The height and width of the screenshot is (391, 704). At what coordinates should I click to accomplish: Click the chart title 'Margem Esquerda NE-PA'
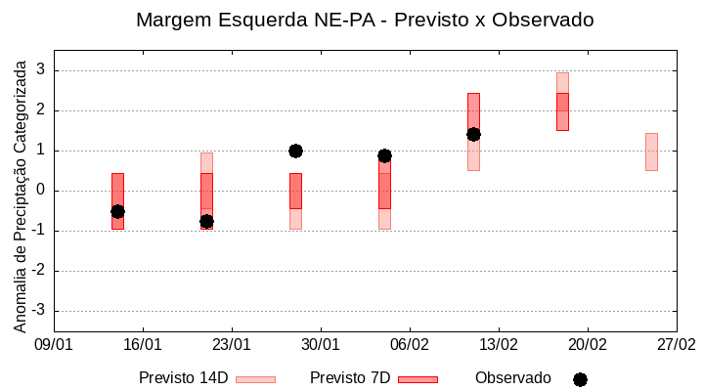click(x=364, y=20)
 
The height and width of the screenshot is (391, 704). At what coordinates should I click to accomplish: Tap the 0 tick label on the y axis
click(x=40, y=191)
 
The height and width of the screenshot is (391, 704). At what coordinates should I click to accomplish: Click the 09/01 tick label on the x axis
click(x=54, y=345)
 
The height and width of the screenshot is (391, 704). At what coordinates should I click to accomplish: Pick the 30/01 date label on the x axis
click(x=321, y=345)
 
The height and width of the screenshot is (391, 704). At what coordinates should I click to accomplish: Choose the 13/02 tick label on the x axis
click(x=499, y=345)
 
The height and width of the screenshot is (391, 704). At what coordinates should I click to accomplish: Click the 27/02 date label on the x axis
click(x=676, y=345)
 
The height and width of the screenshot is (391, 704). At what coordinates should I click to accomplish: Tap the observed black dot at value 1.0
click(x=295, y=151)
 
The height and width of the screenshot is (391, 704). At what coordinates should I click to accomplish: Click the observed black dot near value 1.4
click(x=473, y=134)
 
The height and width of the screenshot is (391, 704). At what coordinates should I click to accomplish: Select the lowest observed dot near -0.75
click(x=206, y=221)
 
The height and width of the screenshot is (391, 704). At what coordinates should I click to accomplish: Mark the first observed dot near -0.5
click(x=117, y=211)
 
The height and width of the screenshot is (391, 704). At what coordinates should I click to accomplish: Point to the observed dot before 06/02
click(x=384, y=155)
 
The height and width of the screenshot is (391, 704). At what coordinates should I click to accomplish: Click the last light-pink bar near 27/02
click(x=651, y=152)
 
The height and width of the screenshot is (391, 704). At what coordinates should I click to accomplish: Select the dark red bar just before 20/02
click(x=562, y=111)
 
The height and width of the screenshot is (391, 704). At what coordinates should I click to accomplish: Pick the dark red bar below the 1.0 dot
click(x=295, y=191)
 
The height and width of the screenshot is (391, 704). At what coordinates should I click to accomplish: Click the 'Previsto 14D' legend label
click(x=183, y=378)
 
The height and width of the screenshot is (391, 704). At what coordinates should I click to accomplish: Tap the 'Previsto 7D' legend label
click(x=350, y=378)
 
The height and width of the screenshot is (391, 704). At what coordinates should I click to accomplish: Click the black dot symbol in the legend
click(x=580, y=379)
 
